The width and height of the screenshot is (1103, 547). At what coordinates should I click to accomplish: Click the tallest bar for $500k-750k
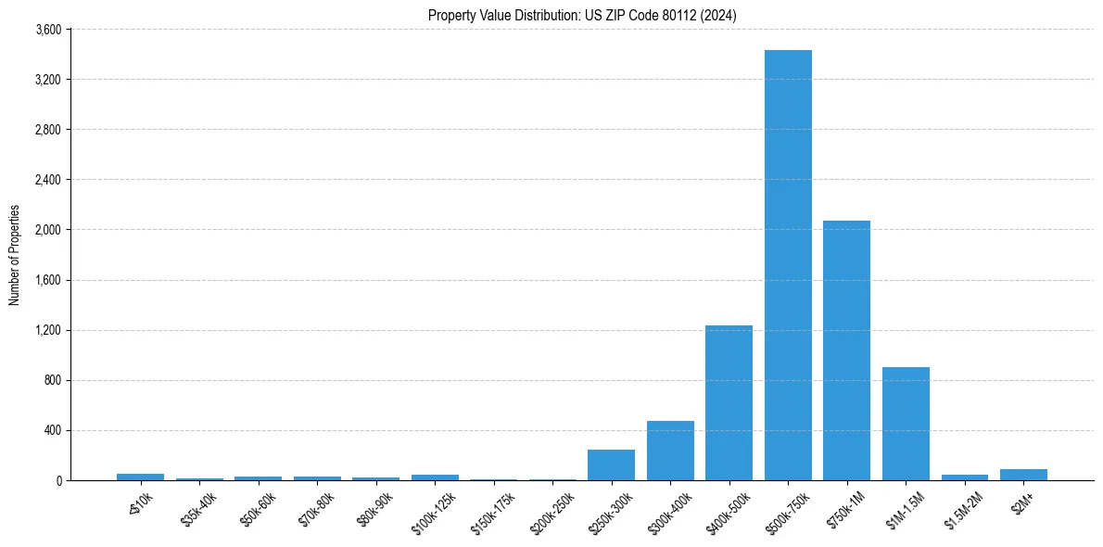point(788,265)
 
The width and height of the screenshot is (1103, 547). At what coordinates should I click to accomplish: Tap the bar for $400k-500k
point(729,403)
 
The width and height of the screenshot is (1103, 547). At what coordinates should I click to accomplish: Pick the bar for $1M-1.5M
point(906,424)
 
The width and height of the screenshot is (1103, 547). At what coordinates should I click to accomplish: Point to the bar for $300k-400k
point(670,451)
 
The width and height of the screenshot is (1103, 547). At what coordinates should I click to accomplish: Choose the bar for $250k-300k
point(611,465)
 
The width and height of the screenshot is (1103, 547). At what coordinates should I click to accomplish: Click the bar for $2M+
point(1023,475)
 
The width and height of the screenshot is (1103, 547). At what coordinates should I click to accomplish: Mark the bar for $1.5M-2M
point(965,477)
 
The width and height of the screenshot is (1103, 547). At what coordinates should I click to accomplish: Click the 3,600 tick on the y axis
point(47,30)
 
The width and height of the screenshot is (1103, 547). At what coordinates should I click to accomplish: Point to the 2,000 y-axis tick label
point(47,230)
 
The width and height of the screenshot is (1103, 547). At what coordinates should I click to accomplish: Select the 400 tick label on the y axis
point(52,430)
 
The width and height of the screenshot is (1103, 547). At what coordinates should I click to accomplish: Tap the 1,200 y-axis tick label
point(47,330)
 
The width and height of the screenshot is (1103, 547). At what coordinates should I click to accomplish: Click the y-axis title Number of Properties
point(14,255)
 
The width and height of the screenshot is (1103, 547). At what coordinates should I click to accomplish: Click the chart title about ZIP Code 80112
point(582,15)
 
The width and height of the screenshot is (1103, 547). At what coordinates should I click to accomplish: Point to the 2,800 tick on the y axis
point(47,130)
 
